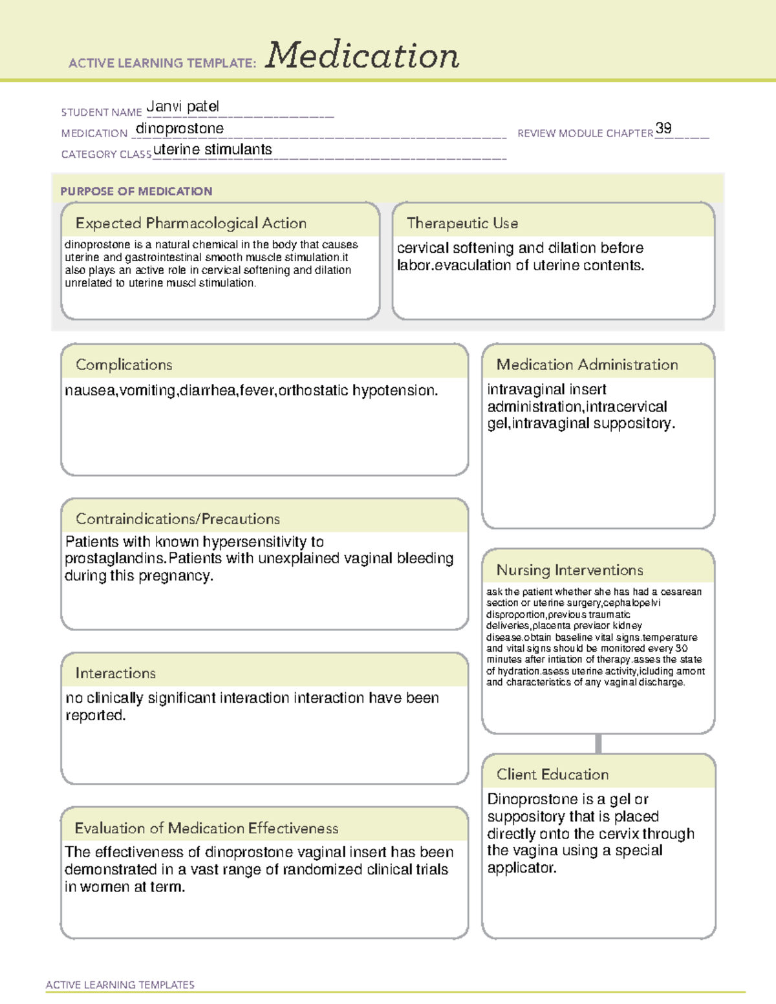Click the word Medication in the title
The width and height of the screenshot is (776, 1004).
point(362,56)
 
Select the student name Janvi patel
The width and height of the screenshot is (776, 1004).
point(182,107)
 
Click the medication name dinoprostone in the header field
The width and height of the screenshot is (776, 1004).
point(180,129)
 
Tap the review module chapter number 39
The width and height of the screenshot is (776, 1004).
point(663,128)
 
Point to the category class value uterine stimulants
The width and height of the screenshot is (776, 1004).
point(213,149)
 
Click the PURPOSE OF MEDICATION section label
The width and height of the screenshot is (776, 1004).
point(136,191)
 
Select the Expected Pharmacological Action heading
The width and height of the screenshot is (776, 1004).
point(191,223)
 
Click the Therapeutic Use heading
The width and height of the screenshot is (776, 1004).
point(462,223)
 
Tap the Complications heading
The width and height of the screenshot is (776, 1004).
point(124,365)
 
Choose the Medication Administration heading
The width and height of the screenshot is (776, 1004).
point(587,365)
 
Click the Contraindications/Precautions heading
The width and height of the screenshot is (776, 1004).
point(178,518)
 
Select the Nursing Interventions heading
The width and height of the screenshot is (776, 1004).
point(570,570)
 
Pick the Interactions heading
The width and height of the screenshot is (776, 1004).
point(116,673)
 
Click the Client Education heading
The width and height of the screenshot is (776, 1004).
point(553,774)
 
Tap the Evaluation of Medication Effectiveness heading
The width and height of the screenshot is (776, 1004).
point(206,828)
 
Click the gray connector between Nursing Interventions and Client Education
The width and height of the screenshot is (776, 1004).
point(598,743)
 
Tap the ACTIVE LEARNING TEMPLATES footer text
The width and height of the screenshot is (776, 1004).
point(120,985)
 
